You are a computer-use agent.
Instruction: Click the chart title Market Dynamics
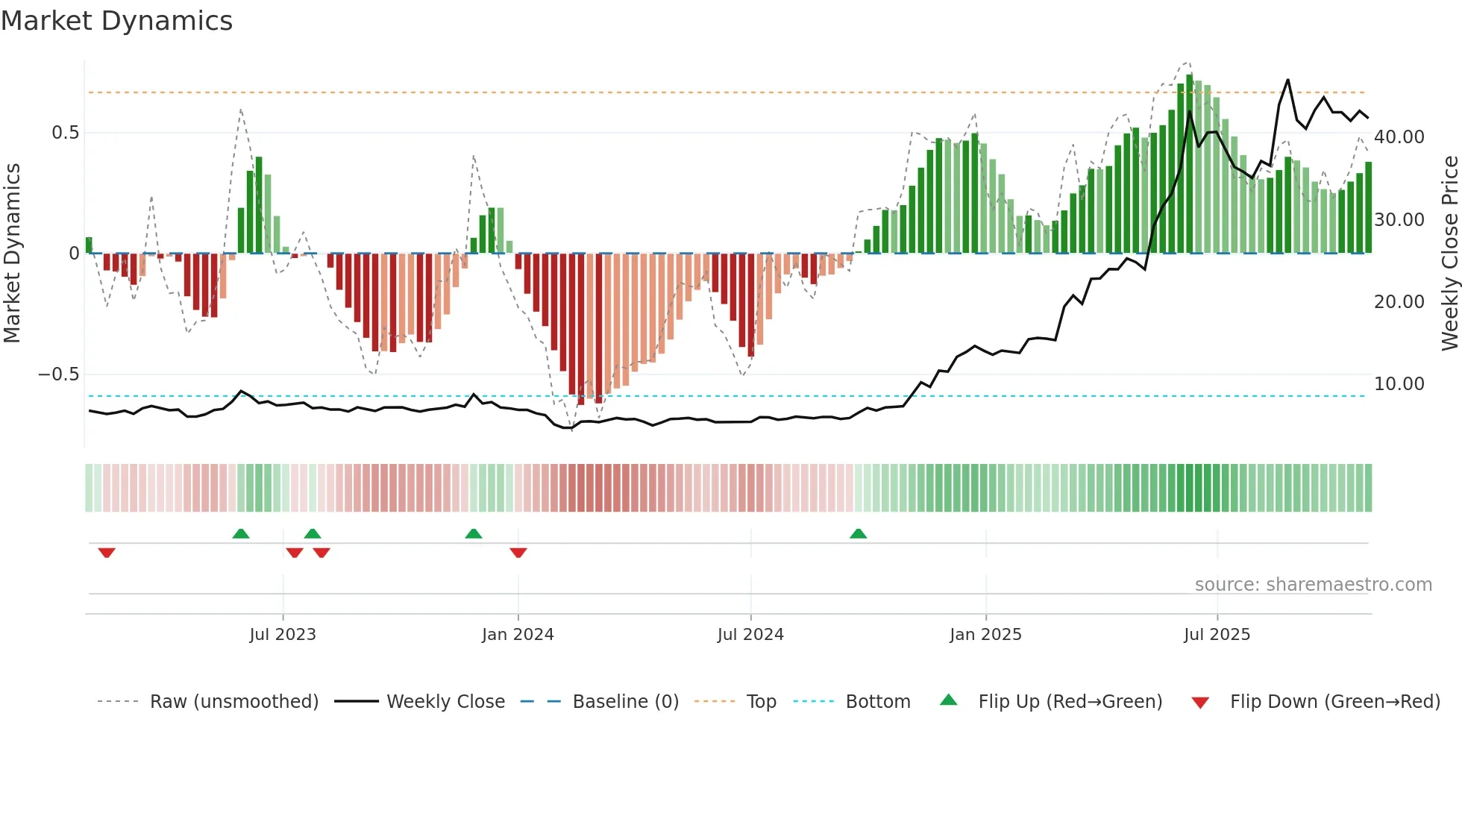tap(116, 21)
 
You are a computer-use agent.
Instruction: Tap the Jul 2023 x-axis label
tap(283, 635)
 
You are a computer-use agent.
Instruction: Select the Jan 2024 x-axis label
tap(518, 635)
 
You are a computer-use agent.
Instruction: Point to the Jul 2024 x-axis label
tap(750, 635)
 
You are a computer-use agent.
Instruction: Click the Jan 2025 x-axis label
tap(985, 635)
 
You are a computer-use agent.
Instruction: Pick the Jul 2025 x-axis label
tap(1217, 635)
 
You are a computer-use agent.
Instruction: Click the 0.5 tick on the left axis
tap(66, 133)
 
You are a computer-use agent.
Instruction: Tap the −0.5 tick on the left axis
tap(59, 374)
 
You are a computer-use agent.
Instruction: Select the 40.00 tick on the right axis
tap(1399, 137)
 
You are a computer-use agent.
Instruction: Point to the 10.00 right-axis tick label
tap(1399, 384)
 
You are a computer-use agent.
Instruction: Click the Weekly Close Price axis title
tap(1449, 254)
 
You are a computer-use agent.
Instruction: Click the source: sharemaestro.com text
tap(1313, 585)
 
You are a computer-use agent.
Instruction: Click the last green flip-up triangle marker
tap(859, 533)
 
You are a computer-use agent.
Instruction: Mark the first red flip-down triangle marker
tap(107, 553)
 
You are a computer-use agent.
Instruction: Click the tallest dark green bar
tap(1190, 164)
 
